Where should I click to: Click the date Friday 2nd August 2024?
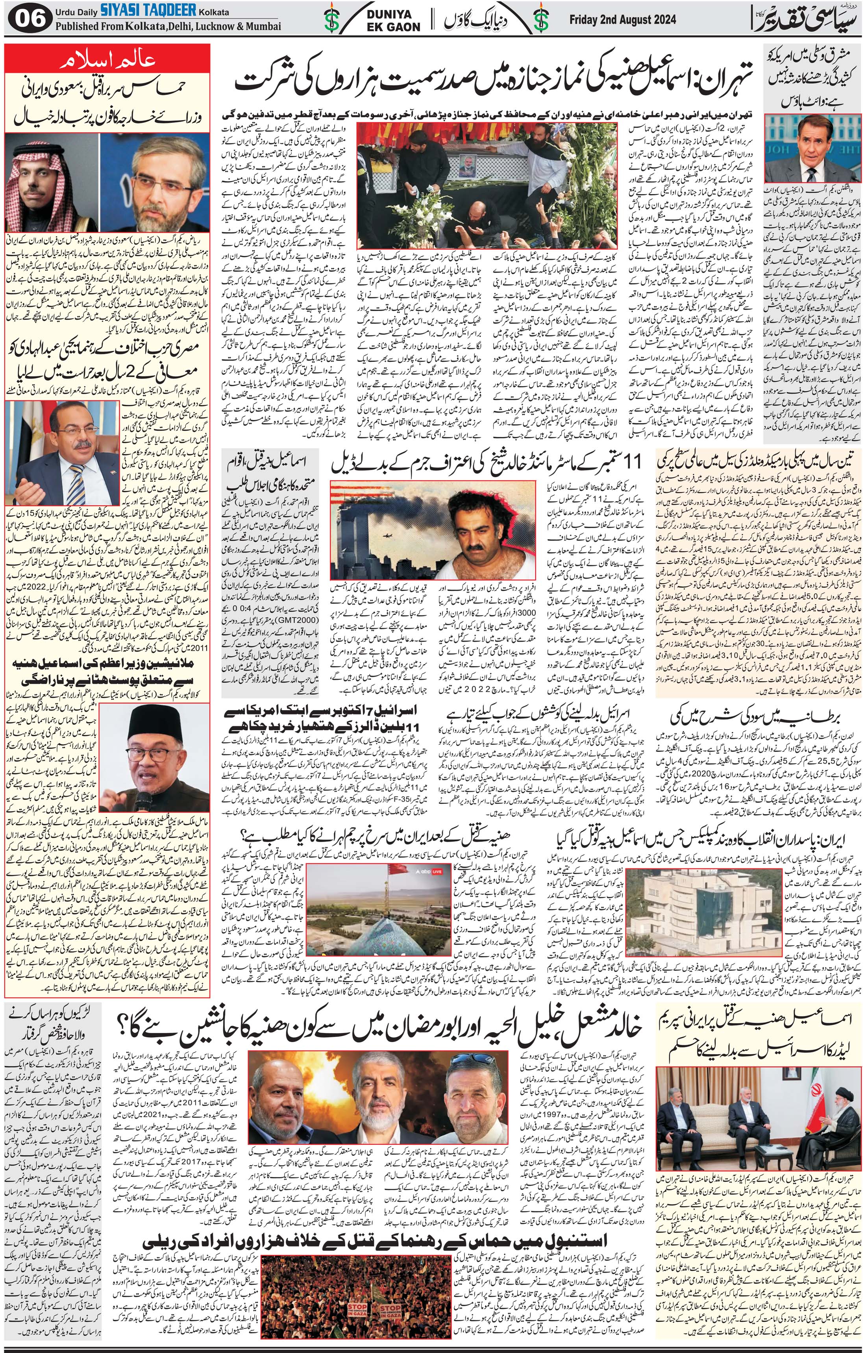[x=622, y=20]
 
